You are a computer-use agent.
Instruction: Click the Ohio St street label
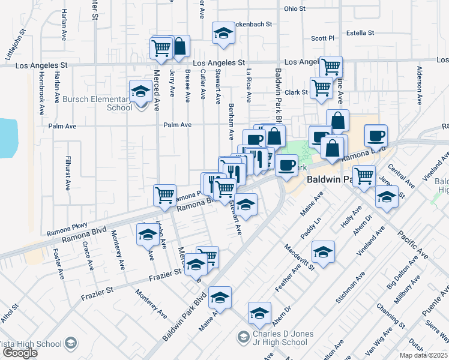295,9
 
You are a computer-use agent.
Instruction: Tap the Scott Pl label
322,38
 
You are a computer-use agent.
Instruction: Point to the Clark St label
296,92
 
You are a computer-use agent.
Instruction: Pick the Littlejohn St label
16,44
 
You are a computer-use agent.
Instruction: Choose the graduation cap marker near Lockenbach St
223,34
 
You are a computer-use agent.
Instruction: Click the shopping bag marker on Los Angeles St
179,46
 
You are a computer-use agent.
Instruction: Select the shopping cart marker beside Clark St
322,88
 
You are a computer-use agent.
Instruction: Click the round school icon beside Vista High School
71,344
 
